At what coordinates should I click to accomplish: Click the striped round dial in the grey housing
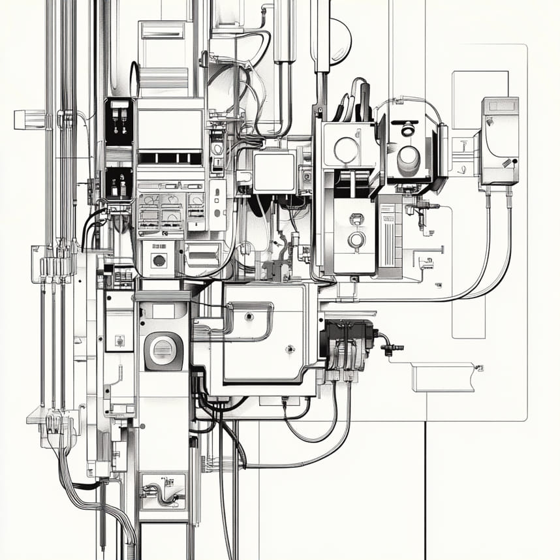(x=163, y=350)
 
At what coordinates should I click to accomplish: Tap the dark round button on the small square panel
(x=158, y=260)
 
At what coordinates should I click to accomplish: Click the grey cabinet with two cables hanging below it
(x=499, y=141)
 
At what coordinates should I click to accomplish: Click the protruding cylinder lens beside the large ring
(x=409, y=156)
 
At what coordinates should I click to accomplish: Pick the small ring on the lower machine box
(x=356, y=240)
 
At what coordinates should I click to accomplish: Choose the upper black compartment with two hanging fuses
(x=119, y=121)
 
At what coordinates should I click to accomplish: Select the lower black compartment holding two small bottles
(x=118, y=183)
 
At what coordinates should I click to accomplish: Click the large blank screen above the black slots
(x=169, y=129)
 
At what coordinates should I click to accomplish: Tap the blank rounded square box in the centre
(x=275, y=171)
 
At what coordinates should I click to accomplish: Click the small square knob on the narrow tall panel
(x=119, y=340)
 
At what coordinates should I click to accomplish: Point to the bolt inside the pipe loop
(x=248, y=317)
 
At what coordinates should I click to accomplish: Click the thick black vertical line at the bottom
(x=426, y=490)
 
